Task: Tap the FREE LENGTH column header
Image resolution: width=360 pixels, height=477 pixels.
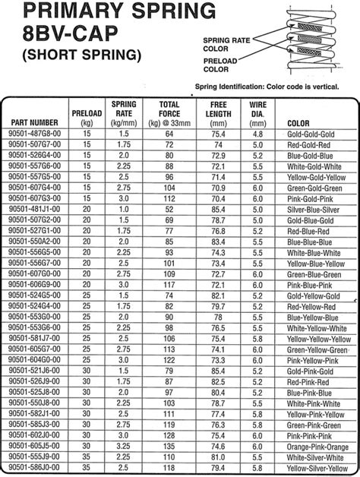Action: tap(219, 112)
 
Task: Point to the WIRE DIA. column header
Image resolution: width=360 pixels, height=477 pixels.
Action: tap(256, 112)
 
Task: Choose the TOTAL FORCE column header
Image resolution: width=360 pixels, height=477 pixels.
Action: tap(169, 112)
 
